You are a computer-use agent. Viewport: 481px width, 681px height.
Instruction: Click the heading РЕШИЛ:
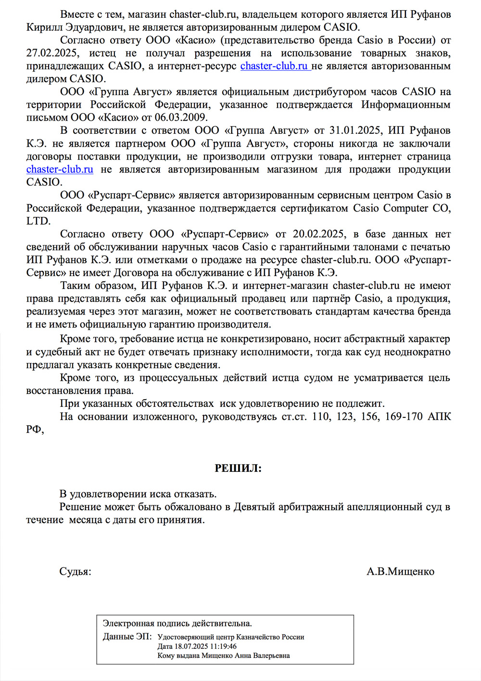238,468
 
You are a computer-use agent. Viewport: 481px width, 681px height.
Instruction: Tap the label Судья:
75,571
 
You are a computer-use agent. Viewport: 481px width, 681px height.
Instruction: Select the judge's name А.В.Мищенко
400,571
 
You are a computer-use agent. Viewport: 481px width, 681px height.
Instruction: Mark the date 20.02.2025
318,234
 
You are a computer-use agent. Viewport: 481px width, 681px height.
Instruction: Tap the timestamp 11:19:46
224,646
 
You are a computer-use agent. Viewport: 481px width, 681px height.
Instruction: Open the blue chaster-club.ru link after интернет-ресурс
275,66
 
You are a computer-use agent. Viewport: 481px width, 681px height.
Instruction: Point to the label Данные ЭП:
127,637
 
